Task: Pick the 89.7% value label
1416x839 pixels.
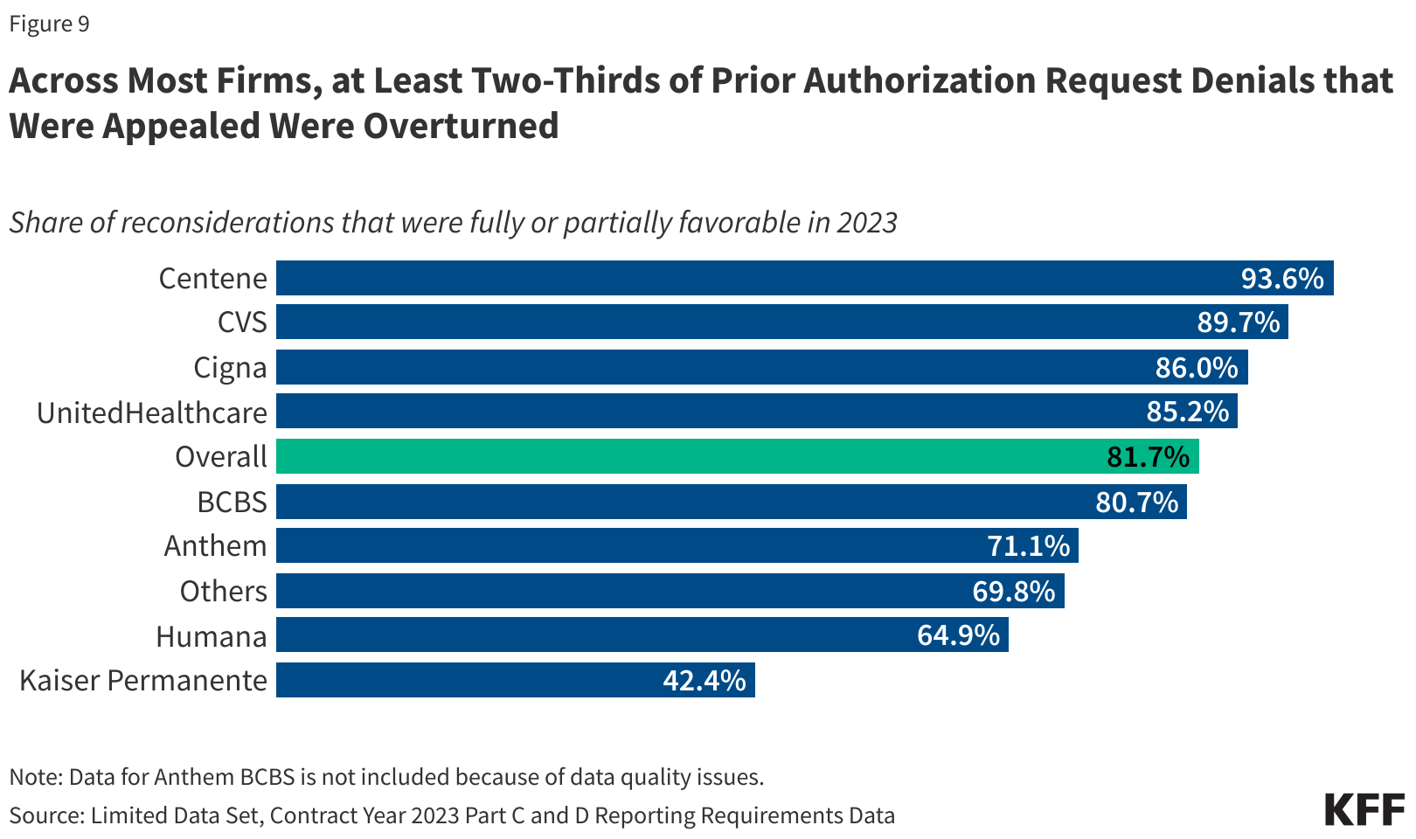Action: pos(1238,322)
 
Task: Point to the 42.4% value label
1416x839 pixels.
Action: pos(704,680)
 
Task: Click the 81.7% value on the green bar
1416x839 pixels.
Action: pos(1148,456)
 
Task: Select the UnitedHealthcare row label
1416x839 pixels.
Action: pos(151,412)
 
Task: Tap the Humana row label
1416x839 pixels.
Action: pos(211,635)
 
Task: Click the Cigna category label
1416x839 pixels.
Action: pos(230,367)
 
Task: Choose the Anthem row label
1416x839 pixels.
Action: pos(215,545)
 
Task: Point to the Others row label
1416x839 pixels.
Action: pos(223,591)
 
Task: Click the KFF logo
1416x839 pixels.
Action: pos(1364,810)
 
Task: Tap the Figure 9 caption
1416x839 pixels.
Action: pos(49,24)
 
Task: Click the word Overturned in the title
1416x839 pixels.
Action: pos(461,126)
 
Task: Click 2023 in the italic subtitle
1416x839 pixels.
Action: pos(866,222)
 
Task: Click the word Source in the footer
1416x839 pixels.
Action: pos(45,815)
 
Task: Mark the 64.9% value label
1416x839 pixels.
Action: pos(958,635)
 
